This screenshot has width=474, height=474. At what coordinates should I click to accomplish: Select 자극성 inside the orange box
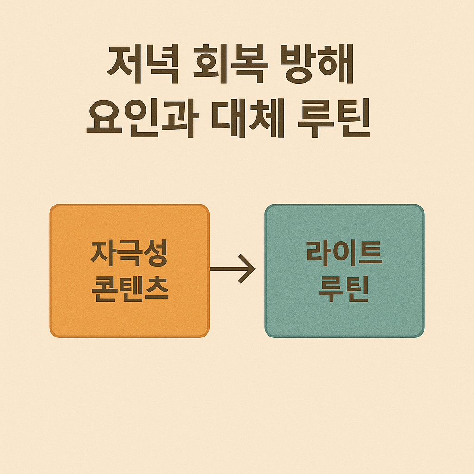coord(129,254)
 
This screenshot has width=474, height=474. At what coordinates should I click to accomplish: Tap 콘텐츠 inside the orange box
coord(129,289)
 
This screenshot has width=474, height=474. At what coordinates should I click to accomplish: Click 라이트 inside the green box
coord(344,254)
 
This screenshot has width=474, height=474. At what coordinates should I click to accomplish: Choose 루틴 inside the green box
coord(344,289)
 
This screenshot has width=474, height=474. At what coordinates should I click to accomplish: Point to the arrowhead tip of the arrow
coord(254,268)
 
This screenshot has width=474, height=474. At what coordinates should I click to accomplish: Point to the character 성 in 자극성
coord(155,254)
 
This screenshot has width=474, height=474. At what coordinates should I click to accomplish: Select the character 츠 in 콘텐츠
coord(156,289)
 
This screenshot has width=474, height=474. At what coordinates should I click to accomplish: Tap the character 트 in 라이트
coord(370,254)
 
